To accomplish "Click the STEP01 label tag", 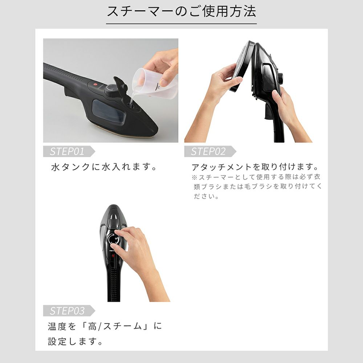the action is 69,151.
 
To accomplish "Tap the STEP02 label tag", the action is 210,151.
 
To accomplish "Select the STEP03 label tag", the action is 69,311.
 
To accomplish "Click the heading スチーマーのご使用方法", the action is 181,11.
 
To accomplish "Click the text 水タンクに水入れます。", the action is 104,167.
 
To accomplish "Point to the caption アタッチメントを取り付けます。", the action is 255,167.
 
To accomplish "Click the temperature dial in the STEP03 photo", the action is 113,240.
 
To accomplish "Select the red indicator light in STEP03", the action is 113,256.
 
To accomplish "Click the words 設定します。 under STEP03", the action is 75,342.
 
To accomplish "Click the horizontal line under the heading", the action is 181,24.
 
